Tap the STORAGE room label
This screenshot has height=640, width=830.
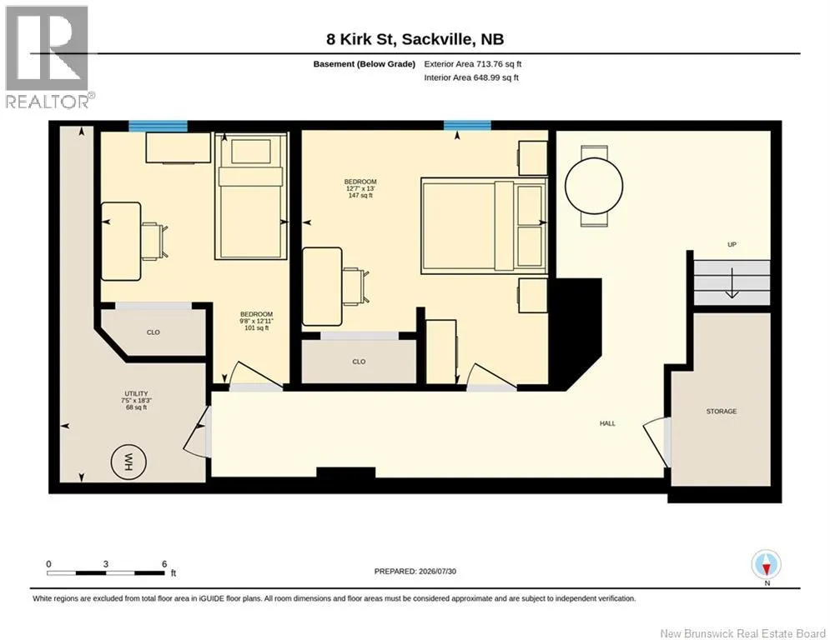(x=721, y=411)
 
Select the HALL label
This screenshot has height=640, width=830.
(x=607, y=423)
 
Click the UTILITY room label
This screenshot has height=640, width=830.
(x=136, y=393)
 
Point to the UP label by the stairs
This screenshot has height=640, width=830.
(x=732, y=244)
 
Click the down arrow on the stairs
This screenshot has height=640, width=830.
(x=732, y=283)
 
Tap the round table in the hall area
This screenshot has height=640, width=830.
(x=593, y=186)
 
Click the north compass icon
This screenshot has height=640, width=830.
(x=766, y=564)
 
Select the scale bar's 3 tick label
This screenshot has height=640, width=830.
(x=106, y=564)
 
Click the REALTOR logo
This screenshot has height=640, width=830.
(x=48, y=57)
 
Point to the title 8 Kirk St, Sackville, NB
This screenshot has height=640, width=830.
(x=415, y=39)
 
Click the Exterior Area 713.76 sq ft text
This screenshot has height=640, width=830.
(x=473, y=64)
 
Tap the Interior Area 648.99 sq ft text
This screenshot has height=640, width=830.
(x=471, y=77)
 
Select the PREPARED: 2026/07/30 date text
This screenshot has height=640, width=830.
(x=415, y=571)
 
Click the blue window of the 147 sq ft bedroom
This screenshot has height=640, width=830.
(x=467, y=125)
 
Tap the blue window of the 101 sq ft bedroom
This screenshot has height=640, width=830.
(x=158, y=126)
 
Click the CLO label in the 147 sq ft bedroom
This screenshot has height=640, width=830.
(x=359, y=362)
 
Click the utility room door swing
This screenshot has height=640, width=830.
(x=197, y=431)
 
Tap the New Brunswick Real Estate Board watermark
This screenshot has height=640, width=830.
(x=742, y=633)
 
